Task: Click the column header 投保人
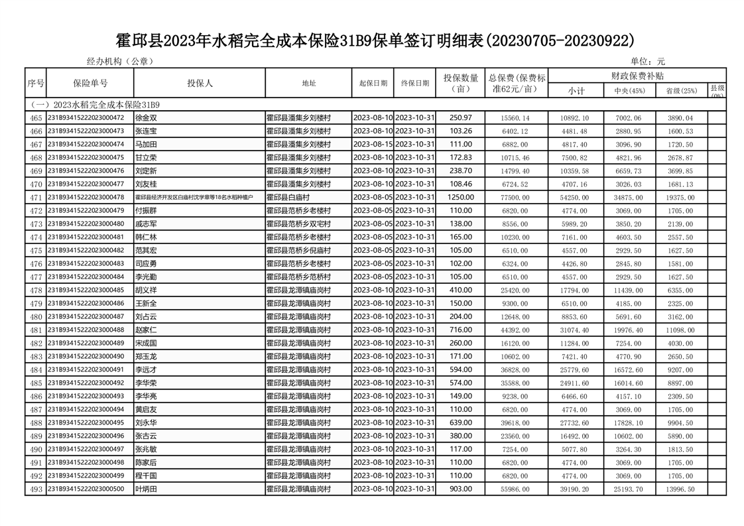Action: point(200,84)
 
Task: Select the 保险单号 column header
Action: point(90,84)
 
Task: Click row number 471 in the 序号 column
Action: point(36,198)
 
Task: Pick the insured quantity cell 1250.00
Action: point(460,198)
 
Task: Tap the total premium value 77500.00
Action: point(517,198)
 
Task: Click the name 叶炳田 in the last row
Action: point(146,490)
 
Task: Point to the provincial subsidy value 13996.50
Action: point(681,490)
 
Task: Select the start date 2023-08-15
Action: point(373,145)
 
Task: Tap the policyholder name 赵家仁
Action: point(146,330)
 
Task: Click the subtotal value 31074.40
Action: point(574,330)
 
